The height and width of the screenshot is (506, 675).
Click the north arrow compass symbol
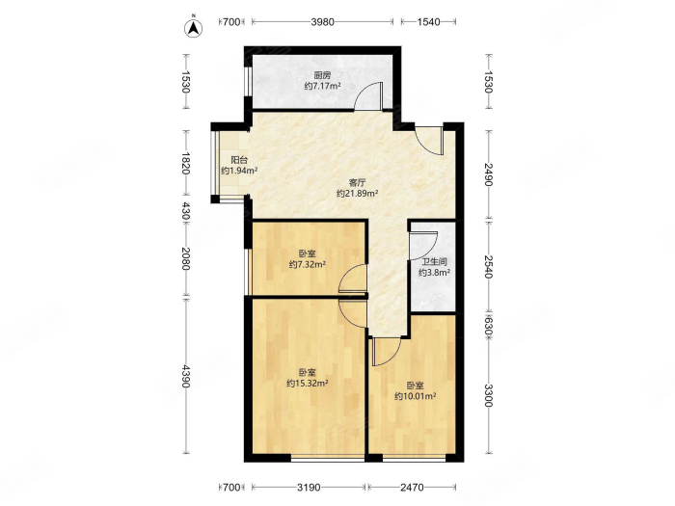point(194,27)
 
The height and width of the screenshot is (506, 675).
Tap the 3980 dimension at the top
point(322,21)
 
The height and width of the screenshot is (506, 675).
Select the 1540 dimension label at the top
point(428,21)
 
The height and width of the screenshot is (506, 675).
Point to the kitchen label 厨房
point(322,76)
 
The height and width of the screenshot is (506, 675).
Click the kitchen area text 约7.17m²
point(322,86)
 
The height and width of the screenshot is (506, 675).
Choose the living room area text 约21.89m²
point(358,193)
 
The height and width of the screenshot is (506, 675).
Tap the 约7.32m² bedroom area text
point(307,264)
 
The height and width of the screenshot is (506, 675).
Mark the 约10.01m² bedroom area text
point(416,396)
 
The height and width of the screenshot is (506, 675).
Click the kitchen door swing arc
point(364,92)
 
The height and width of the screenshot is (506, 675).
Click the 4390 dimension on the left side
point(185,376)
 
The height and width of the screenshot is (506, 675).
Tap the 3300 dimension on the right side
point(488,395)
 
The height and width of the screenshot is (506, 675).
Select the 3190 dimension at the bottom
point(309,488)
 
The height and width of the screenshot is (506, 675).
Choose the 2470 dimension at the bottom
point(412,488)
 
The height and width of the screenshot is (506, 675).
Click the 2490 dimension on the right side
point(488,174)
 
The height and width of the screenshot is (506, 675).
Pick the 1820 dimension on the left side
point(185,163)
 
